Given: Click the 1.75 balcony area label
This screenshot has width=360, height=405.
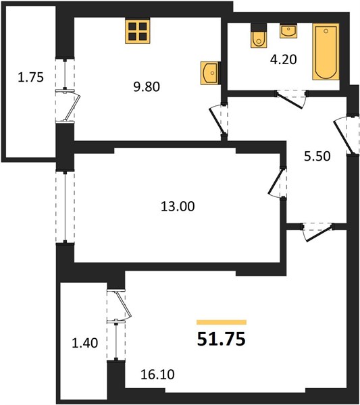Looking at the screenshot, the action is coord(31,77).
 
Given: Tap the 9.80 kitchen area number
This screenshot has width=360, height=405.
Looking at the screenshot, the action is coord(147,87).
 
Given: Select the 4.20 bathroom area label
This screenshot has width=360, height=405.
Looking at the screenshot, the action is coord(284,59).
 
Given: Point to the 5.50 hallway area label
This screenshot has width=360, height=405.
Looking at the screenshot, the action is coord(317,157).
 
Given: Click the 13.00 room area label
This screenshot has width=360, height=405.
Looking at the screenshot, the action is coord(178,207).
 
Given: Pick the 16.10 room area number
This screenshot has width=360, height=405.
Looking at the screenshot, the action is coord(157,375).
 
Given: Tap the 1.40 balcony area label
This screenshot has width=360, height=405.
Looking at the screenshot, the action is coord(85,344).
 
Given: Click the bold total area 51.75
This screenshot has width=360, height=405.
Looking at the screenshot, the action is coord(222,339).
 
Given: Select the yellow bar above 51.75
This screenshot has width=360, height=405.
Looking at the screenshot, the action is coord(222,322).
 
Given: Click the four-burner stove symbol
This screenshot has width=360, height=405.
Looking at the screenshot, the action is coord(138,32).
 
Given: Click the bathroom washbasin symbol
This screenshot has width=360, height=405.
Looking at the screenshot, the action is coord(288,31).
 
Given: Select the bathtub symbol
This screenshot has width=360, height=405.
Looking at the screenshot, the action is coord(326,52).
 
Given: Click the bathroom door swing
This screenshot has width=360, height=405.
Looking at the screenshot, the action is coord(292,98).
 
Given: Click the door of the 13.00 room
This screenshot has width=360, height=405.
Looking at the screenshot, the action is coord(277,182).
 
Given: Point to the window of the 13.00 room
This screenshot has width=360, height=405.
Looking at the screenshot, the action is coord(65,207).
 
